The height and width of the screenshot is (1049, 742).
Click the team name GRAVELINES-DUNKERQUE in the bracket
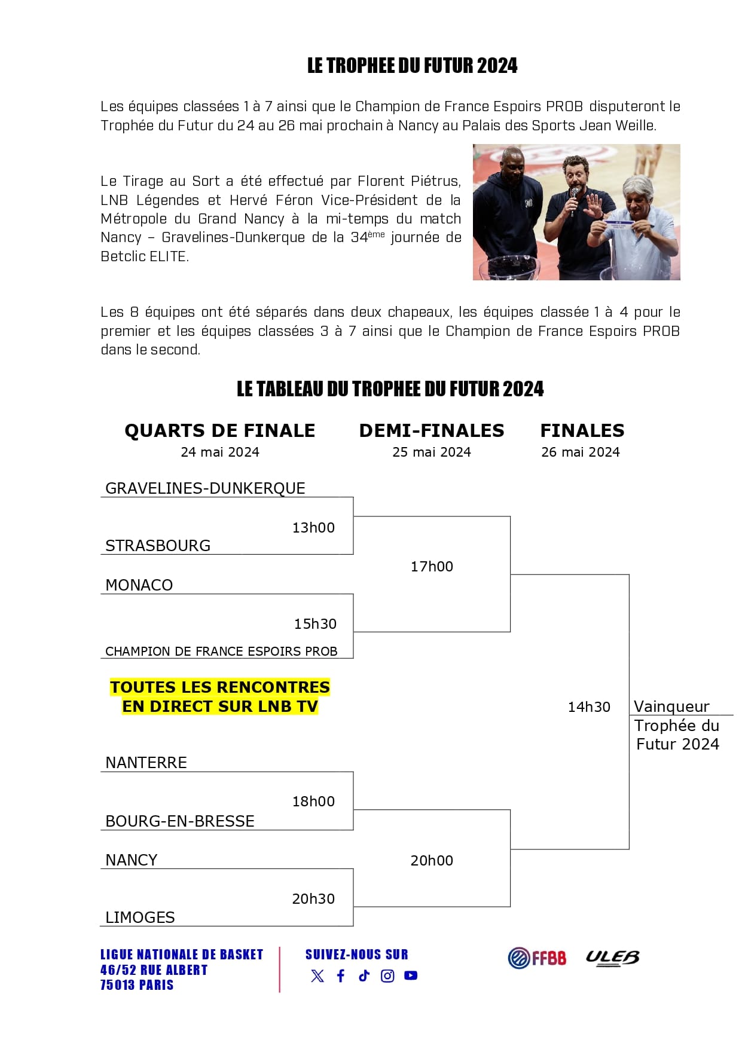pyautogui.click(x=205, y=488)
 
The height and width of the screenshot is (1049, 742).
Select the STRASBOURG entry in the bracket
pyautogui.click(x=158, y=546)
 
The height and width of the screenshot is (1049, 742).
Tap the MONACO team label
pyautogui.click(x=139, y=585)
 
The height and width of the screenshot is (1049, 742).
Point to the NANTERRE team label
pyautogui.click(x=146, y=763)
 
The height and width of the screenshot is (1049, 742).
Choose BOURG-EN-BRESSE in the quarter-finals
pyautogui.click(x=179, y=821)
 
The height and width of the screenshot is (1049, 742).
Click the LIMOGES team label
pyautogui.click(x=140, y=918)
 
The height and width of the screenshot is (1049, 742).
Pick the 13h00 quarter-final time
pyautogui.click(x=313, y=528)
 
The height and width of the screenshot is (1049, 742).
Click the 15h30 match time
pyautogui.click(x=315, y=624)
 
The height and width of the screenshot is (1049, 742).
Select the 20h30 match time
pyautogui.click(x=313, y=899)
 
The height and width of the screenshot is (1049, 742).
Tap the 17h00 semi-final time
pyautogui.click(x=432, y=567)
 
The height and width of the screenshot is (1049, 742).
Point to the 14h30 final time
pyautogui.click(x=589, y=707)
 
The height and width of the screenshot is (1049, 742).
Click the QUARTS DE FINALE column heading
pyautogui.click(x=219, y=431)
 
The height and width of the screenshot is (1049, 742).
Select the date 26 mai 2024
pyautogui.click(x=581, y=452)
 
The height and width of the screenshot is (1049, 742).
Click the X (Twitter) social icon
pyautogui.click(x=317, y=976)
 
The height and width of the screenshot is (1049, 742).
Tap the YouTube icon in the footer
pyautogui.click(x=411, y=975)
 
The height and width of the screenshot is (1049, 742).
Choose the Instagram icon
pyautogui.click(x=387, y=976)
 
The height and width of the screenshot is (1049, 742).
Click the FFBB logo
pyautogui.click(x=537, y=958)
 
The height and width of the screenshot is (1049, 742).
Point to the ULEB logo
pyautogui.click(x=612, y=958)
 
